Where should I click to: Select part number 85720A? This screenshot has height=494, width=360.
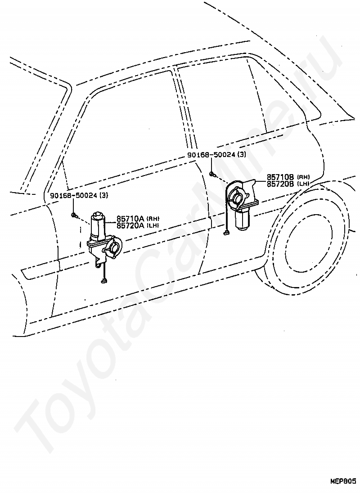(x=130, y=225)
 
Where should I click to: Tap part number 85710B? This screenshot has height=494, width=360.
(x=280, y=177)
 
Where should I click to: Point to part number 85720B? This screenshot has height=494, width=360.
(x=280, y=184)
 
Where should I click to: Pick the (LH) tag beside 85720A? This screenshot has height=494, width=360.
(x=153, y=225)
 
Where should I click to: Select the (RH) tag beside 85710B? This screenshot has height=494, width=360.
(x=303, y=178)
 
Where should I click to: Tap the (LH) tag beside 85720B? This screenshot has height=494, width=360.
(x=303, y=184)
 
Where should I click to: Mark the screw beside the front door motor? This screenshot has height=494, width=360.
(x=73, y=216)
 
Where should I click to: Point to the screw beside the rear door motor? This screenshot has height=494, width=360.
(x=212, y=174)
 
